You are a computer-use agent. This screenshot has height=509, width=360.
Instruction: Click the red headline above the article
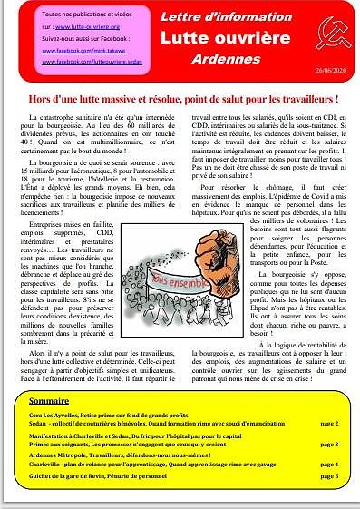pos(180,98)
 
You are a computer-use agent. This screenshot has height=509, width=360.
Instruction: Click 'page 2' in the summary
pos(329,423)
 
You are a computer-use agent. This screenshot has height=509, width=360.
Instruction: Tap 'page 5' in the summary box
pos(329,476)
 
